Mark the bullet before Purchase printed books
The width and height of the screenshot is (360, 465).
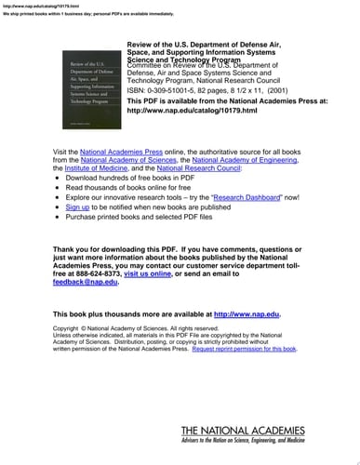point(59,219)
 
